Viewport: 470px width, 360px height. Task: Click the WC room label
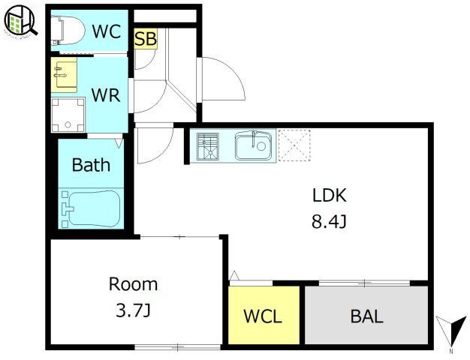click(107, 31)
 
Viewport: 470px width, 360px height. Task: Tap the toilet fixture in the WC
click(68, 30)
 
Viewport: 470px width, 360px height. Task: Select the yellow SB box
click(146, 39)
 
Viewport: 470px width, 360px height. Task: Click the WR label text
click(106, 95)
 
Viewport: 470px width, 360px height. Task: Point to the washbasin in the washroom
click(64, 75)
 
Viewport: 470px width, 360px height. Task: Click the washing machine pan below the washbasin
click(68, 115)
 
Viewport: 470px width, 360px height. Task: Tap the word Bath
click(91, 165)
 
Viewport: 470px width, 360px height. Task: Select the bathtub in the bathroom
click(91, 208)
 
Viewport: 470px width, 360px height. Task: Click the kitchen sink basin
click(253, 146)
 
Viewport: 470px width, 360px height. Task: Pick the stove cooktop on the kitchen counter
click(208, 146)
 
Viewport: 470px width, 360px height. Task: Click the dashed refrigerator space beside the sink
click(294, 145)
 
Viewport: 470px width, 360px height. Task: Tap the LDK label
click(330, 195)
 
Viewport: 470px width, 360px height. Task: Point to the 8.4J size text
click(329, 222)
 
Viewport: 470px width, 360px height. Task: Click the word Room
click(133, 284)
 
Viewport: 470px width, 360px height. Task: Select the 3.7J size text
click(133, 311)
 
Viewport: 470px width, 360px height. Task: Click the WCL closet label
click(263, 316)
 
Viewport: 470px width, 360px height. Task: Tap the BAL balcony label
click(367, 316)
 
